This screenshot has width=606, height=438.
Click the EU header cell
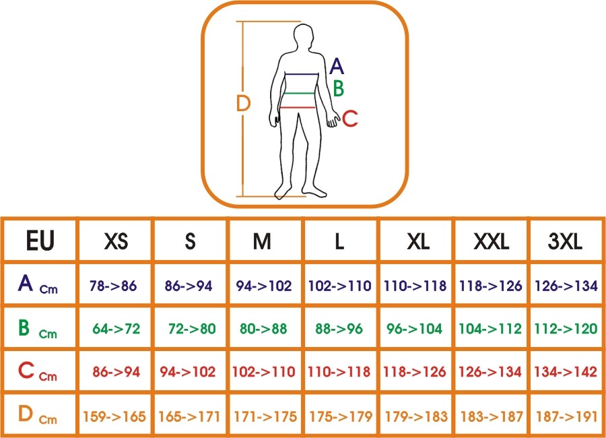click(x=40, y=241)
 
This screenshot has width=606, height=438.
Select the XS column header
click(x=116, y=241)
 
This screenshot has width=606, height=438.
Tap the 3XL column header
click(x=565, y=241)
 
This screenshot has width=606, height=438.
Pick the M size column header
click(x=262, y=241)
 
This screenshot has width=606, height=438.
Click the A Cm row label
click(x=38, y=284)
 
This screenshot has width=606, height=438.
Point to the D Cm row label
click(x=38, y=414)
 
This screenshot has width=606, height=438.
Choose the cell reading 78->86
click(x=113, y=286)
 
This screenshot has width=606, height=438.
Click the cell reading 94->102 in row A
click(x=264, y=286)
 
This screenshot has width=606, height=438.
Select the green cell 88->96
click(x=339, y=329)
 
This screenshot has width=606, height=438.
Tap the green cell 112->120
click(x=566, y=329)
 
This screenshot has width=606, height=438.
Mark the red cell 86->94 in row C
click(x=116, y=372)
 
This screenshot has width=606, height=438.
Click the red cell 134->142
click(x=566, y=372)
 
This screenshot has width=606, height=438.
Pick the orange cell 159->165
click(x=114, y=416)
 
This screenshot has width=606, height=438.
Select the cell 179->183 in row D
click(x=416, y=416)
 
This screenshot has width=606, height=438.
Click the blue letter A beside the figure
click(x=337, y=66)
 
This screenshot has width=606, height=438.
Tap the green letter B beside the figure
click(x=339, y=88)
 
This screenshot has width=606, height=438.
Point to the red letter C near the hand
click(x=350, y=119)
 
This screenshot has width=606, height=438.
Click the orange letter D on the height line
click(x=244, y=103)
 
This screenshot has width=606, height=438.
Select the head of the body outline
click(x=304, y=37)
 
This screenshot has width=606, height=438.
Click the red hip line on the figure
click(x=298, y=108)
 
